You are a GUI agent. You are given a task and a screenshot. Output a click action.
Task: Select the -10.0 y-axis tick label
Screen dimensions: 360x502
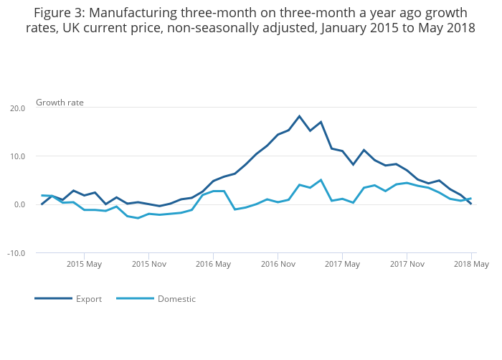16,253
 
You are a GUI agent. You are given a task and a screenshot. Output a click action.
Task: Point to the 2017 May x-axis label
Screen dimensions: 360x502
343,264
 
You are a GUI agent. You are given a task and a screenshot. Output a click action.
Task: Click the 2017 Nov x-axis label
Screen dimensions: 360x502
407,264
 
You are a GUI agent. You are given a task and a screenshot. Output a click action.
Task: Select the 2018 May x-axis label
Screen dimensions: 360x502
471,264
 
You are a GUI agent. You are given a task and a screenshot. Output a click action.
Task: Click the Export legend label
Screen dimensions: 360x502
89,299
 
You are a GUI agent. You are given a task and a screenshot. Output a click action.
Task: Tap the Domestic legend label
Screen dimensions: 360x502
176,299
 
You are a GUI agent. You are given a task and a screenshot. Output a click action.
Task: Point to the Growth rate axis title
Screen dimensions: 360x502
60,103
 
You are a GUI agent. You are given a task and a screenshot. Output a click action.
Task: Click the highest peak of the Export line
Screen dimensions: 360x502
299,116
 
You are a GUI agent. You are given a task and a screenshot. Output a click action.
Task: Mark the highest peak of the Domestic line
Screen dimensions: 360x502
321,180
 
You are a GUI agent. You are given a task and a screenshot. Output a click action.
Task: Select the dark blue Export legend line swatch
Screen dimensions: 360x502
53,298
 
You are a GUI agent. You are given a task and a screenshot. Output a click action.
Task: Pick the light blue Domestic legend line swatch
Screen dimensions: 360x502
135,298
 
